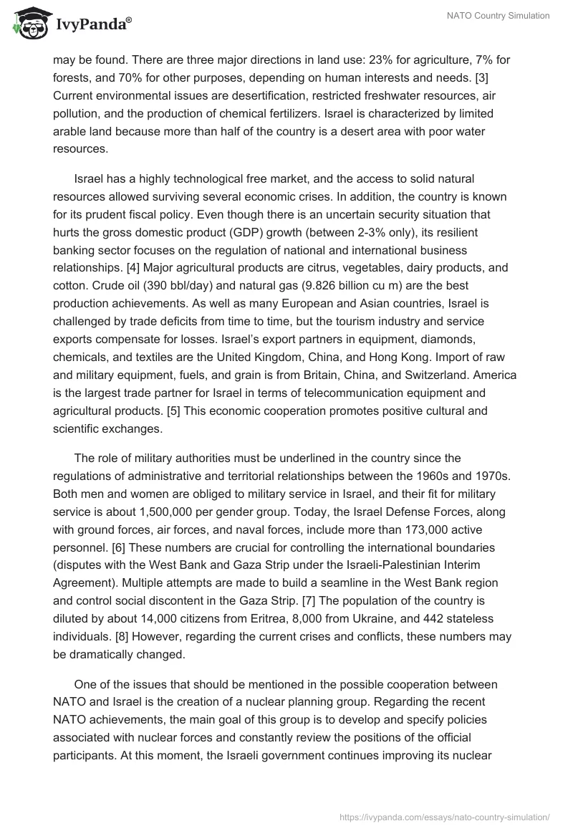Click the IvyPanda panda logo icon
click(x=27, y=24)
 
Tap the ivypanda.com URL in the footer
click(x=444, y=817)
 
